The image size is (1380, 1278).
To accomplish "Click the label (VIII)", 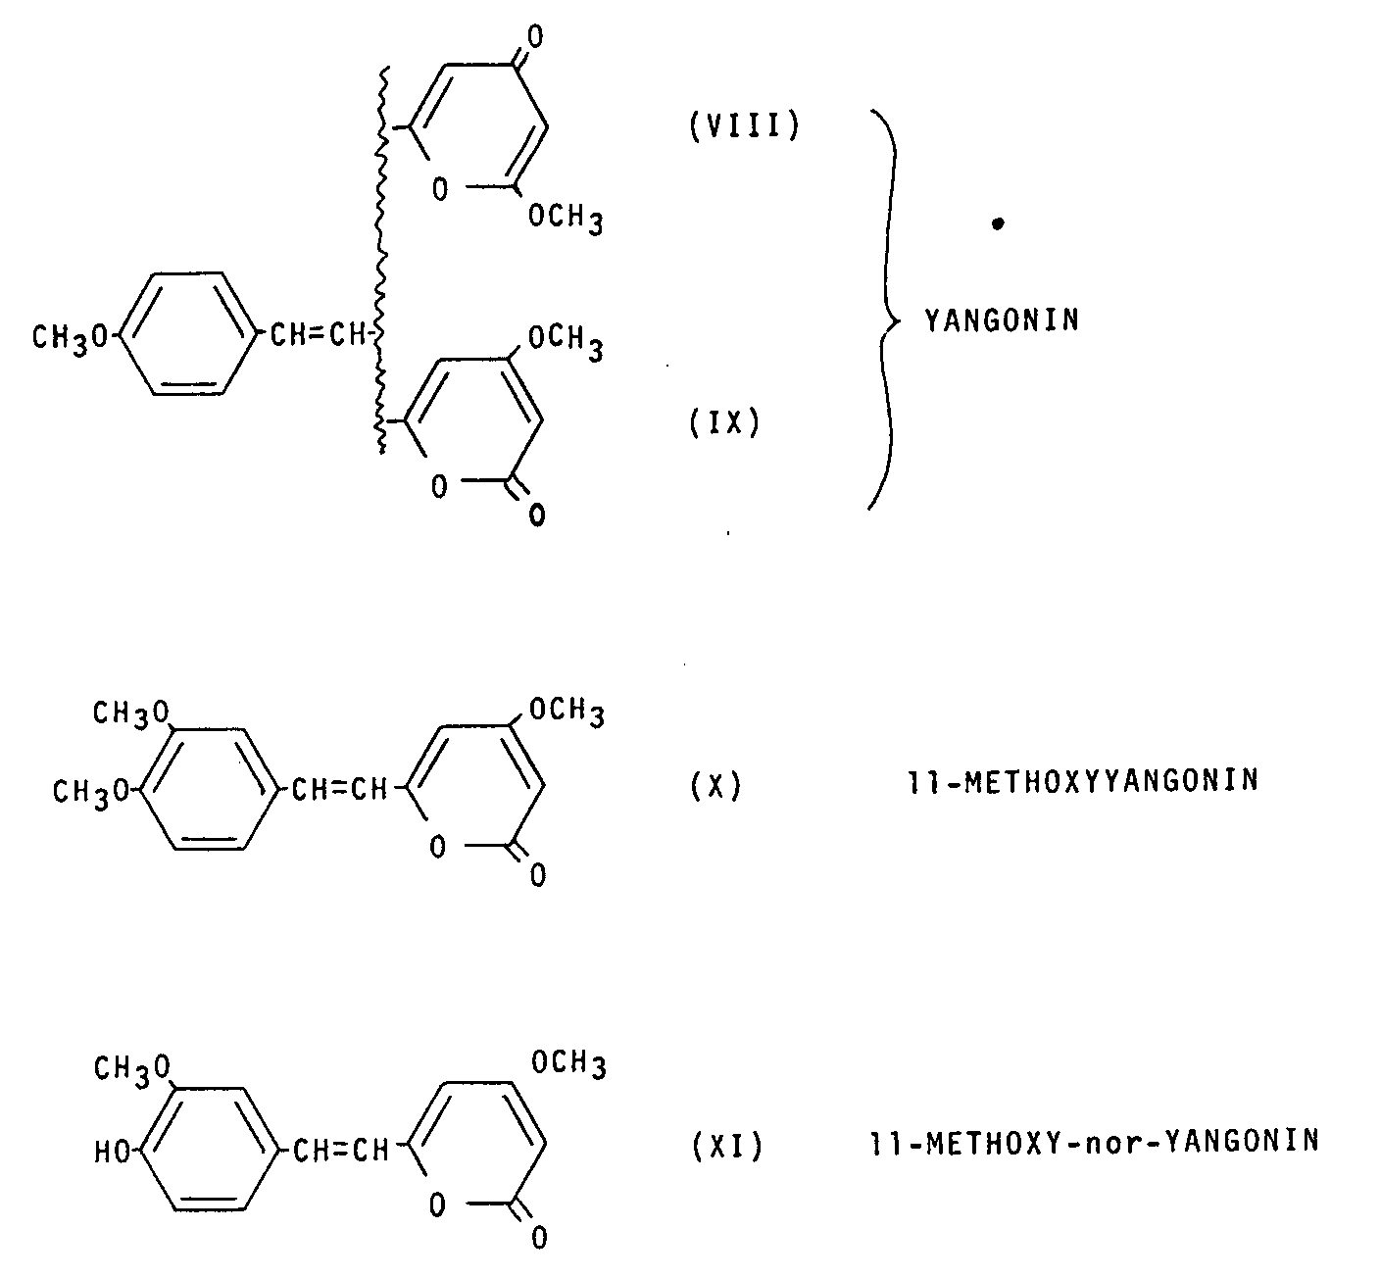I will [745, 127].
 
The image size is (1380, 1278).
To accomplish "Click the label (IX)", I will [725, 424].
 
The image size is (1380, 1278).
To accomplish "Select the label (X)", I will [716, 785].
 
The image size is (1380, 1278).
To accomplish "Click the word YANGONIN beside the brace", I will [1002, 319].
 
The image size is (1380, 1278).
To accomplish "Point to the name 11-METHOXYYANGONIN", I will [1083, 782].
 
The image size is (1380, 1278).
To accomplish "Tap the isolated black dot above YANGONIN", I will [997, 224].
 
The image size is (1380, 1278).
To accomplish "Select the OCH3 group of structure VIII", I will [566, 219].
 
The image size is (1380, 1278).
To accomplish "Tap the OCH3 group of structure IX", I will [566, 342].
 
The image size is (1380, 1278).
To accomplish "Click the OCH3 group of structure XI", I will [567, 1062].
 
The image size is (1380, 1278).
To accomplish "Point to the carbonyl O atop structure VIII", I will [535, 38].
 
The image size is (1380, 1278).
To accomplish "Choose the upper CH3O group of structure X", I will [130, 713].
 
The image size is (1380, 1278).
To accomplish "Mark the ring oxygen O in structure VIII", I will [439, 190].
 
